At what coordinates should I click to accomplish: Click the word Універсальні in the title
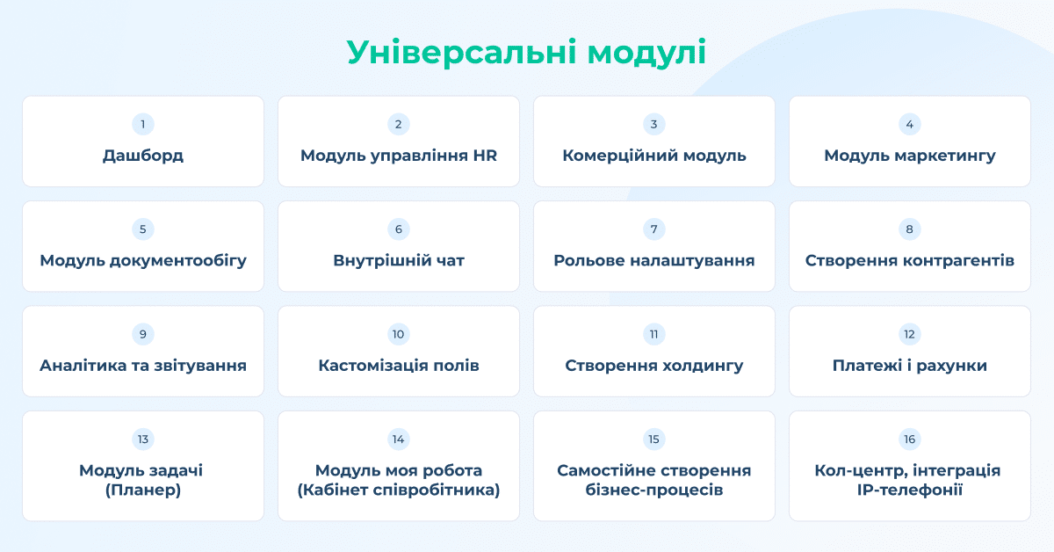pyautogui.click(x=462, y=52)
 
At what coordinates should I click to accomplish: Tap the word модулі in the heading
pyautogui.click(x=647, y=52)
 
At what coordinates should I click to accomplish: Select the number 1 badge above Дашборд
pyautogui.click(x=143, y=124)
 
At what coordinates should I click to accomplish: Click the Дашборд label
pyautogui.click(x=143, y=156)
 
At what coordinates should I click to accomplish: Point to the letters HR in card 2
pyautogui.click(x=485, y=156)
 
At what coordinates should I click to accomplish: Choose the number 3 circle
pyautogui.click(x=654, y=124)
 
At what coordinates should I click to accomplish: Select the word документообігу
pyautogui.click(x=177, y=260)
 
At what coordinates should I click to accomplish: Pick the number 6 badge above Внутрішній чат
pyautogui.click(x=399, y=229)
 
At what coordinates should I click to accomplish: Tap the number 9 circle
pyautogui.click(x=143, y=334)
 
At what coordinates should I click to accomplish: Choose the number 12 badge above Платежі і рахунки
pyautogui.click(x=910, y=334)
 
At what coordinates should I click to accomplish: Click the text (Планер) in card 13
pyautogui.click(x=143, y=490)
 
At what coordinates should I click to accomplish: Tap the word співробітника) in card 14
pyautogui.click(x=437, y=490)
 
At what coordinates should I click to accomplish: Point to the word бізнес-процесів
pyautogui.click(x=654, y=490)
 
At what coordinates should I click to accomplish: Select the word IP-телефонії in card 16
pyautogui.click(x=910, y=490)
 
